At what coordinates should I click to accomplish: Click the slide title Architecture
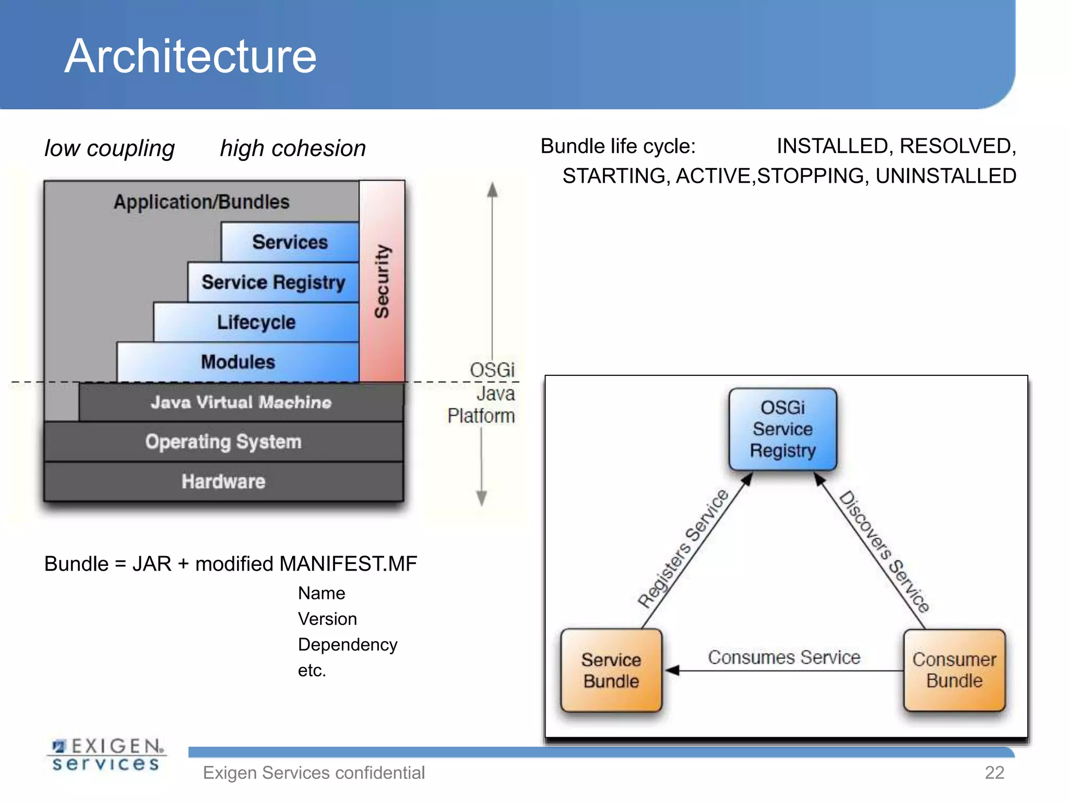(x=191, y=56)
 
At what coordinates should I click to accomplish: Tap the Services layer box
(x=290, y=242)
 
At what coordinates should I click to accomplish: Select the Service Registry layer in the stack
(x=273, y=282)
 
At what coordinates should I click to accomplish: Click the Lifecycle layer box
(x=256, y=322)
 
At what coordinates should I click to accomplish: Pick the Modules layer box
(x=238, y=362)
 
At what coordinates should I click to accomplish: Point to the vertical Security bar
(x=382, y=281)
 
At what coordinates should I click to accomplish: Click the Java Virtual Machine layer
(x=241, y=402)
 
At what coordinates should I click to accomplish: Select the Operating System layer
(x=223, y=442)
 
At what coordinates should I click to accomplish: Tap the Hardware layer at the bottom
(x=223, y=481)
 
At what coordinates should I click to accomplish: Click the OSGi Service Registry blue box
(x=782, y=429)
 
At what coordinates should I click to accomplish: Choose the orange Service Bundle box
(x=611, y=670)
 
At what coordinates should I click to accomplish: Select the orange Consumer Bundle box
(x=954, y=670)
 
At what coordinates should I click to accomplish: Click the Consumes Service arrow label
(x=784, y=657)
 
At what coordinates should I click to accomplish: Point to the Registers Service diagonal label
(x=683, y=548)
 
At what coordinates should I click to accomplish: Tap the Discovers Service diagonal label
(x=884, y=551)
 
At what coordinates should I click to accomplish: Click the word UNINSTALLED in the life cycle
(x=945, y=176)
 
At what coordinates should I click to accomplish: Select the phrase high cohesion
(x=293, y=148)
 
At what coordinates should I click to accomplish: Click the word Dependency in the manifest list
(x=348, y=644)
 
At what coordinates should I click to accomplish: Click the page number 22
(x=994, y=772)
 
